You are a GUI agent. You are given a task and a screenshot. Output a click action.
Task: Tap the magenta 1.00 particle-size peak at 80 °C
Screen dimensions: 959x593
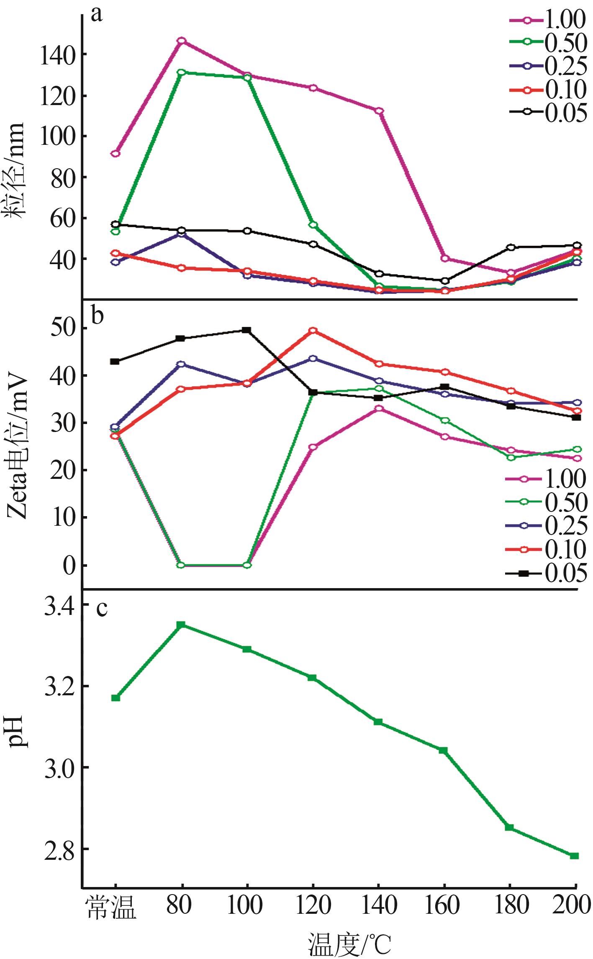(x=181, y=41)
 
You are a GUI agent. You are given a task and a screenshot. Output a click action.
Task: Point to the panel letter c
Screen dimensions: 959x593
(x=102, y=608)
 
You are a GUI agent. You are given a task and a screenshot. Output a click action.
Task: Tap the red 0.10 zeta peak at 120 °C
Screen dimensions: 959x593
(x=313, y=331)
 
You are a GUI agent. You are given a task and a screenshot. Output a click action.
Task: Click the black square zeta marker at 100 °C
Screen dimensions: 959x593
(x=247, y=330)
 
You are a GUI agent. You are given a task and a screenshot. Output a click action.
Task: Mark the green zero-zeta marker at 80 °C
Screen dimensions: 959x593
(x=181, y=565)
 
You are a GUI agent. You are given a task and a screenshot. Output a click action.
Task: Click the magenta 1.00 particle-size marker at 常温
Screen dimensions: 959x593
(x=116, y=154)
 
